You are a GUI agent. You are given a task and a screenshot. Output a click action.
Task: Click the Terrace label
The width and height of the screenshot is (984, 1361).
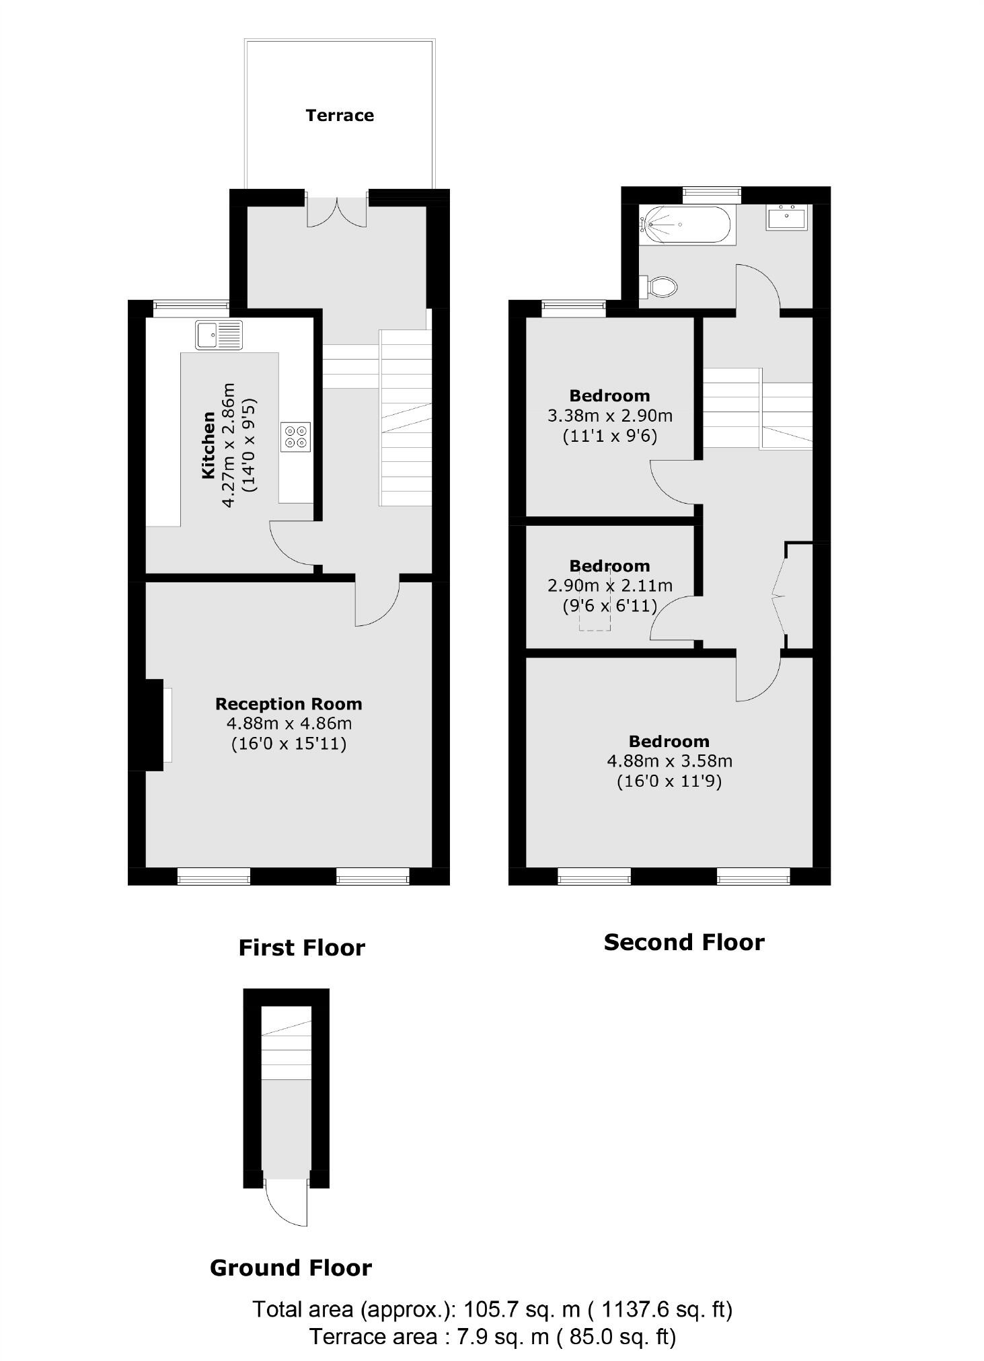pyautogui.click(x=340, y=116)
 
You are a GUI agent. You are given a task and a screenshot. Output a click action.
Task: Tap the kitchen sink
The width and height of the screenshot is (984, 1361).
pyautogui.click(x=219, y=335)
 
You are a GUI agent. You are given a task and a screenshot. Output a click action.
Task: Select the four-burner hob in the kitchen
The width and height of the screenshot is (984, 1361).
pyautogui.click(x=296, y=437)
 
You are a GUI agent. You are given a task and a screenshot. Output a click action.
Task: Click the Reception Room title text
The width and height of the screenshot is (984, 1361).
pyautogui.click(x=289, y=704)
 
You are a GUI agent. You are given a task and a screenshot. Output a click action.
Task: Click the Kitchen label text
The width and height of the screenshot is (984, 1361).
pyautogui.click(x=209, y=445)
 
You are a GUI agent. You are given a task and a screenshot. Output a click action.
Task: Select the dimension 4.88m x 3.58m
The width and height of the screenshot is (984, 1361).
pyautogui.click(x=669, y=761)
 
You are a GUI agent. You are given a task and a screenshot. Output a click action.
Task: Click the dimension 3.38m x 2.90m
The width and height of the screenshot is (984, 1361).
pyautogui.click(x=610, y=416)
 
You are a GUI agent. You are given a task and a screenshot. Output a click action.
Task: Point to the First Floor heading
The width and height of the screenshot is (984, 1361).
pyautogui.click(x=302, y=948)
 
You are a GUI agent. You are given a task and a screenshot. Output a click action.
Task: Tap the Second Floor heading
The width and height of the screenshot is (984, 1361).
pyautogui.click(x=684, y=943)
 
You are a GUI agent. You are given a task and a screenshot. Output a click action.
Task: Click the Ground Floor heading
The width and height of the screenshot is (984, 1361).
pyautogui.click(x=291, y=1268)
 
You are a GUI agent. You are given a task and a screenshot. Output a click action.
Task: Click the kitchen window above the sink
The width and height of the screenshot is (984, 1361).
pyautogui.click(x=191, y=307)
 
